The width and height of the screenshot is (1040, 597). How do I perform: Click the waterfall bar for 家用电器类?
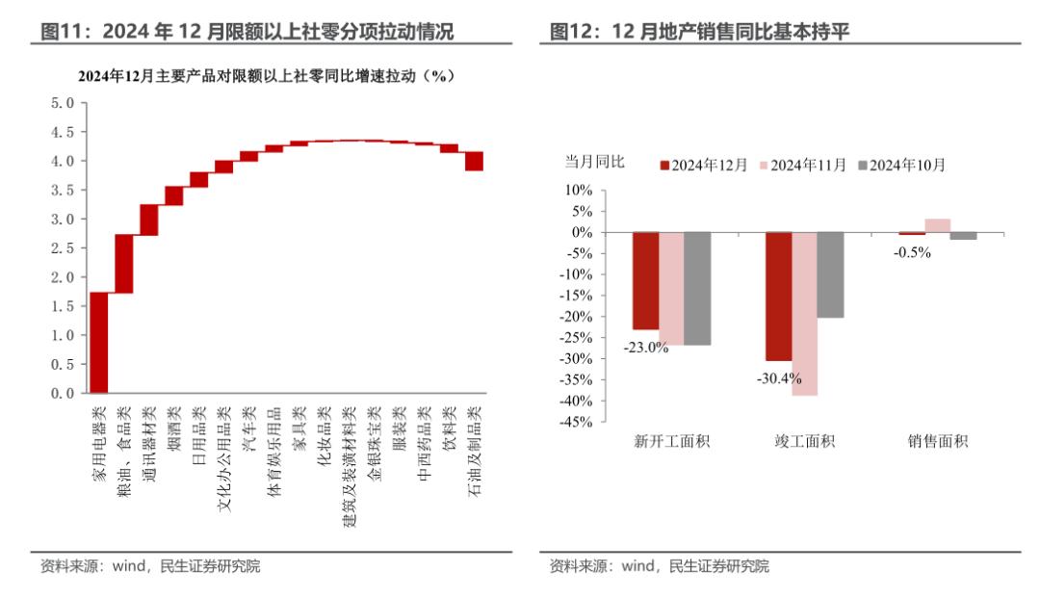coord(98,343)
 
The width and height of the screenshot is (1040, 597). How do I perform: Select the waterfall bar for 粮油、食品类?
coord(123,263)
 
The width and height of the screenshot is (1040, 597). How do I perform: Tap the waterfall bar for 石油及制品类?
coord(474,161)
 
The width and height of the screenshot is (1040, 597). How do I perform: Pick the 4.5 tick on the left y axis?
coord(62,132)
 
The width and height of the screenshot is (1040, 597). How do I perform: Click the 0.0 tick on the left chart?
coord(62,393)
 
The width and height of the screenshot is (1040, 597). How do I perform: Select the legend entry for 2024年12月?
coord(703,165)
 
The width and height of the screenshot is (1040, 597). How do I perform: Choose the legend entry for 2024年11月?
coord(807,165)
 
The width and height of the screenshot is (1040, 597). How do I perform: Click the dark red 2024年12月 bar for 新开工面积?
coord(645,281)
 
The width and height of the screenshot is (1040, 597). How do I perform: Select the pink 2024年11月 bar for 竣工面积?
coord(805,314)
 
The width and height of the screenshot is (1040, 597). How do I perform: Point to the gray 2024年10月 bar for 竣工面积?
coord(830,274)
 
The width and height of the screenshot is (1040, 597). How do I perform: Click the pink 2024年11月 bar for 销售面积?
coord(937,225)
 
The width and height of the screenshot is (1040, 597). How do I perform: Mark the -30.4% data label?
coord(779,377)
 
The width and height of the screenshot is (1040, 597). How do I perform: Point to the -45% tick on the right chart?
coord(580,421)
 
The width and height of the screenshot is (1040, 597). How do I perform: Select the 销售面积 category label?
coord(937,442)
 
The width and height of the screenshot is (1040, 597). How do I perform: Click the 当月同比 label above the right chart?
coord(594,162)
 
